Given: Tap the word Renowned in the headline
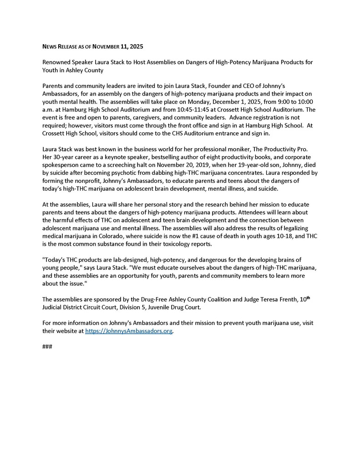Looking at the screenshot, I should pyautogui.click(x=56, y=62).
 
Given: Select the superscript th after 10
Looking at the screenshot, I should pyautogui.click(x=308, y=298).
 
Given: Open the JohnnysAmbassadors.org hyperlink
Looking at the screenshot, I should pyautogui.click(x=129, y=331).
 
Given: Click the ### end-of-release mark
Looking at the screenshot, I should pyautogui.click(x=47, y=347).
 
